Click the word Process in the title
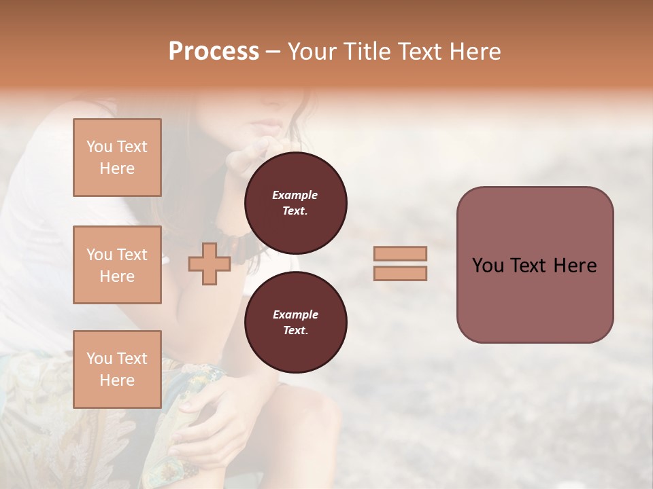(x=214, y=52)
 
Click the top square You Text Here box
(x=117, y=158)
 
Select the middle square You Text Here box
(x=117, y=265)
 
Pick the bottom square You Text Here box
(x=117, y=369)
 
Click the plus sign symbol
(x=209, y=264)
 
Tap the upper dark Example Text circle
(x=295, y=203)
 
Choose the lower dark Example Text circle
(x=295, y=323)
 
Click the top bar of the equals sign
(x=400, y=254)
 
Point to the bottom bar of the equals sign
(x=400, y=274)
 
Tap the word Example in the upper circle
(x=295, y=195)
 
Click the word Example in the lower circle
(x=295, y=314)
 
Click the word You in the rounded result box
(x=488, y=266)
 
